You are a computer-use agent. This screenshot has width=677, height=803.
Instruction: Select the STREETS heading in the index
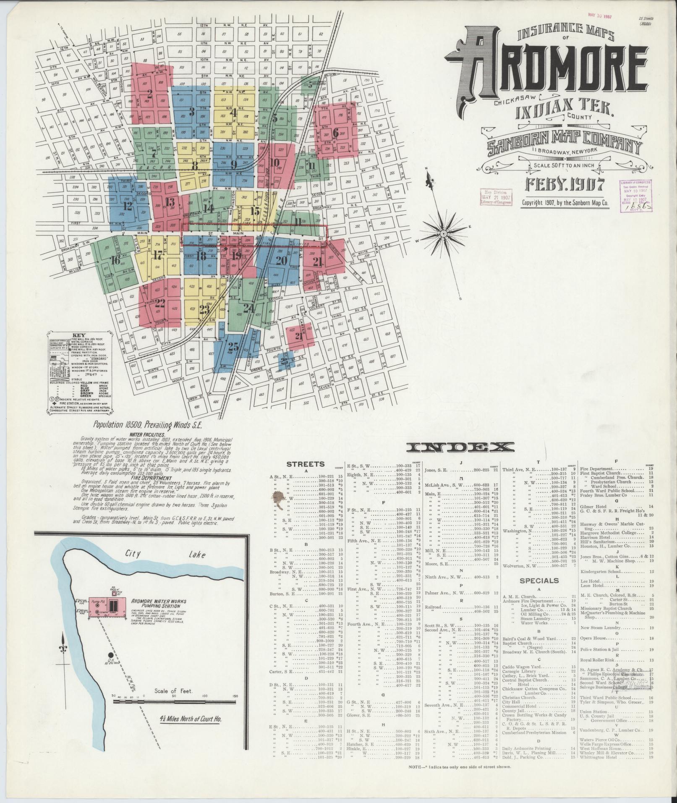pyautogui.click(x=305, y=464)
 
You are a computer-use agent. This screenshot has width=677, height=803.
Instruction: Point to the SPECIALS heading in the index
pyautogui.click(x=539, y=581)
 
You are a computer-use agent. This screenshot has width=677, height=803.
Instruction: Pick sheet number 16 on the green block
pyautogui.click(x=115, y=261)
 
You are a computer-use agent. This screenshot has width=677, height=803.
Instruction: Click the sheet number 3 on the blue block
pyautogui.click(x=192, y=112)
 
